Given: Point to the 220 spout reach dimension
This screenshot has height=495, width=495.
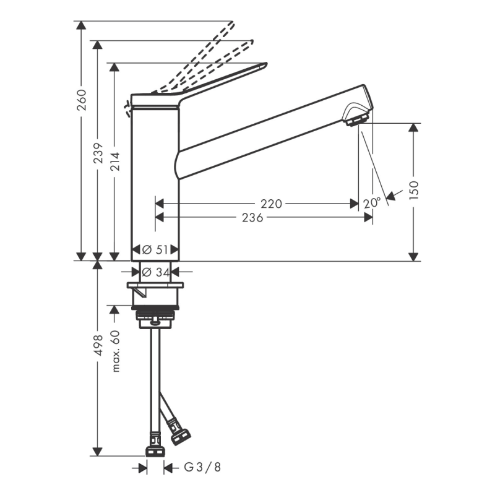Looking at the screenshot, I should tap(271, 204).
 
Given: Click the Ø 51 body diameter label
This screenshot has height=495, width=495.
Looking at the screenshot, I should tap(155, 250).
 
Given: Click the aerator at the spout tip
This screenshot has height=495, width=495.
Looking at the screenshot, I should tap(358, 117).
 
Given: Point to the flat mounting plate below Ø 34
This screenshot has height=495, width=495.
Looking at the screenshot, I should tap(155, 285).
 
